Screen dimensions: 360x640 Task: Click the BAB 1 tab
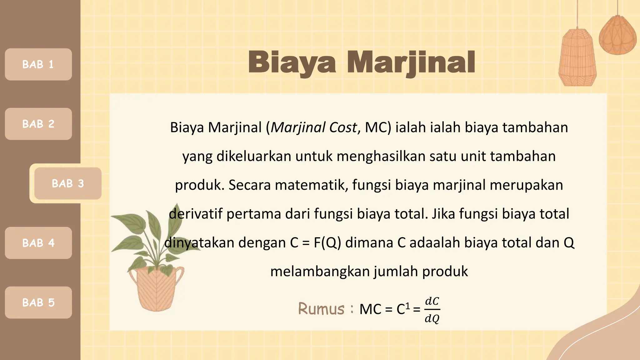pyautogui.click(x=38, y=64)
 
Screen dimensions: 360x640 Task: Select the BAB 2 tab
pyautogui.click(x=38, y=124)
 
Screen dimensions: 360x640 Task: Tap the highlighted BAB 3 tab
pyautogui.click(x=68, y=183)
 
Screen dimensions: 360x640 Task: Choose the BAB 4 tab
pyautogui.click(x=38, y=243)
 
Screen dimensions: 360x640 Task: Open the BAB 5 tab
pyautogui.click(x=38, y=302)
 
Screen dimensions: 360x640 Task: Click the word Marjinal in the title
pyautogui.click(x=411, y=62)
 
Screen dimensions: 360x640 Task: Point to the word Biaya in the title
pyautogui.click(x=292, y=62)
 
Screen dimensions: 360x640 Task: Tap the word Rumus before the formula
pyautogui.click(x=321, y=309)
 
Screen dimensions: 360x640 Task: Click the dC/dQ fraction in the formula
pyautogui.click(x=432, y=310)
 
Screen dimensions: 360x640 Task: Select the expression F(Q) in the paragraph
pyautogui.click(x=327, y=243)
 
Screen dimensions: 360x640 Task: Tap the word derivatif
pyautogui.click(x=196, y=214)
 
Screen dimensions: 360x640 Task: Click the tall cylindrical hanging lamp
pyautogui.click(x=577, y=58)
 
